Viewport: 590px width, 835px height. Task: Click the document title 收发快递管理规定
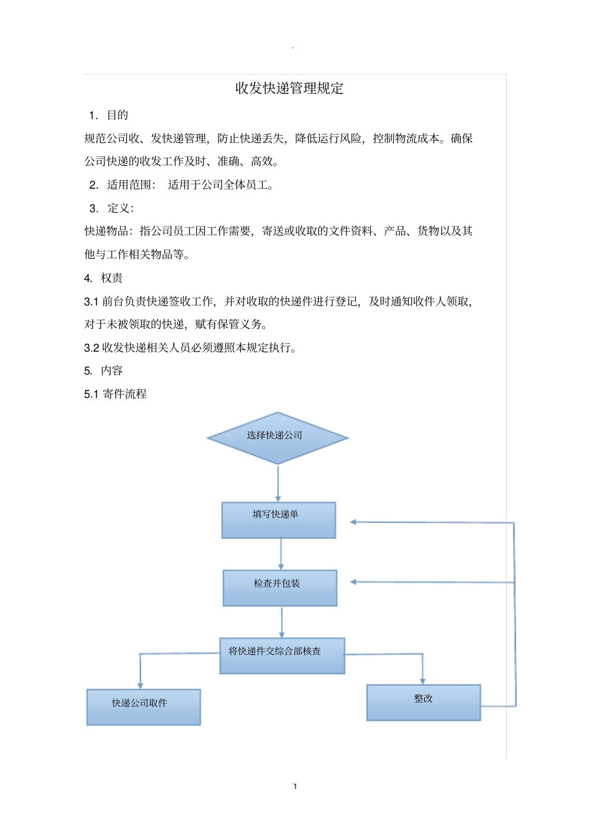pyautogui.click(x=289, y=88)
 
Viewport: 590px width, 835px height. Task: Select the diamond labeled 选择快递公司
pyautogui.click(x=277, y=438)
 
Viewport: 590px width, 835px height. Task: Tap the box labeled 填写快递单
pyautogui.click(x=278, y=520)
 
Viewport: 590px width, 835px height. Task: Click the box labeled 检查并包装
pyautogui.click(x=279, y=587)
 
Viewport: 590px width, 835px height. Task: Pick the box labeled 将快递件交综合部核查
pyautogui.click(x=282, y=656)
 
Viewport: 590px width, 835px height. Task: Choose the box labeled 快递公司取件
pyautogui.click(x=143, y=706)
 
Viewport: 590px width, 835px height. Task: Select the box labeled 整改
pyautogui.click(x=424, y=702)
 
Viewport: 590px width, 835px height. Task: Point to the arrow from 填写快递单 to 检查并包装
pyautogui.click(x=281, y=553)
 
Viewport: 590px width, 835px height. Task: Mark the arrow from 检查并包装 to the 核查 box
pyautogui.click(x=282, y=621)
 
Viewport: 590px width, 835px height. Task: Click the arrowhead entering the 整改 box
pyautogui.click(x=423, y=680)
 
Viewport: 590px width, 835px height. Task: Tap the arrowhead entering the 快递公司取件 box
pyautogui.click(x=140, y=685)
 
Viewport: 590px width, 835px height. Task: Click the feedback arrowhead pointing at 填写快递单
pyautogui.click(x=353, y=522)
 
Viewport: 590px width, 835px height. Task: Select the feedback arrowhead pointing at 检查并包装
pyautogui.click(x=353, y=582)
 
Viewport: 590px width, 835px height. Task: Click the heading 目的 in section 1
pyautogui.click(x=117, y=115)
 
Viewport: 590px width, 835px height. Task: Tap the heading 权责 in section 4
pyautogui.click(x=112, y=278)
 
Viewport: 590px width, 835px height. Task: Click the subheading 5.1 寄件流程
pyautogui.click(x=116, y=394)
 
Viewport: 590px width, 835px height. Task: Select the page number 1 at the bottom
pyautogui.click(x=295, y=786)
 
